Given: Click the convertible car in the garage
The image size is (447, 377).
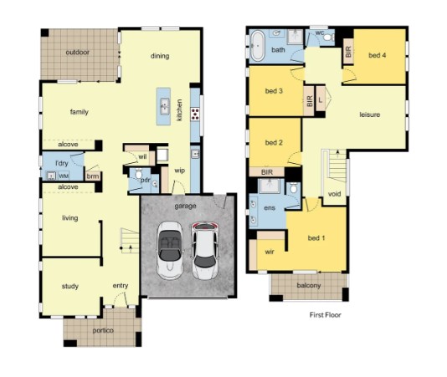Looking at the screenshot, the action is [170, 251].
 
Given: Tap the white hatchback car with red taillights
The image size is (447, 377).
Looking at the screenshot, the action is [205, 251].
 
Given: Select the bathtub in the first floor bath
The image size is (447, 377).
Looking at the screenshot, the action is [258, 46].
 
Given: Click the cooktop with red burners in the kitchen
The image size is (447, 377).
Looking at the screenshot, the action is [195, 114].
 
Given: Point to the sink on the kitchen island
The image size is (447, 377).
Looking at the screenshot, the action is [165, 106].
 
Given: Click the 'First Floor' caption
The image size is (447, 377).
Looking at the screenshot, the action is [326, 315].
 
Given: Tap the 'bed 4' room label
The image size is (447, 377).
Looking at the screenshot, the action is [378, 55].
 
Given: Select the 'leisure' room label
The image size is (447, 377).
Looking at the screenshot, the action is [369, 115].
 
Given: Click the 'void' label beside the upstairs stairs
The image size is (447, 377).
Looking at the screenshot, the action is [334, 194].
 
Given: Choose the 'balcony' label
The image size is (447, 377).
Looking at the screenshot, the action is [309, 285].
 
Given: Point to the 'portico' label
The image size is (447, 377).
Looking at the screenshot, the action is [103, 330].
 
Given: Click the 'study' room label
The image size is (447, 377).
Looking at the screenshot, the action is [70, 287].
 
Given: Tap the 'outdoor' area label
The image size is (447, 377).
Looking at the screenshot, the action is [78, 53].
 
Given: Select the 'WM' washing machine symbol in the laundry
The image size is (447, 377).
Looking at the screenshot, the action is [64, 176].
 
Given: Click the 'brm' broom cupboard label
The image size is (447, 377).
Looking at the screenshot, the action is [93, 176].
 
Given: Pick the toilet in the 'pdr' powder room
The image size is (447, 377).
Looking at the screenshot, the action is [139, 173].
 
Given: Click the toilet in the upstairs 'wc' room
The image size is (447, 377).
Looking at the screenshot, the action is [328, 38].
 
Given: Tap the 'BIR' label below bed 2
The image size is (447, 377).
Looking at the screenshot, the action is [267, 172].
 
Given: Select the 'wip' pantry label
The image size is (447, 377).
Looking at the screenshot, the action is [180, 171].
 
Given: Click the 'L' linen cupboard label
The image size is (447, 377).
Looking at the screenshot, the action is [321, 100].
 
